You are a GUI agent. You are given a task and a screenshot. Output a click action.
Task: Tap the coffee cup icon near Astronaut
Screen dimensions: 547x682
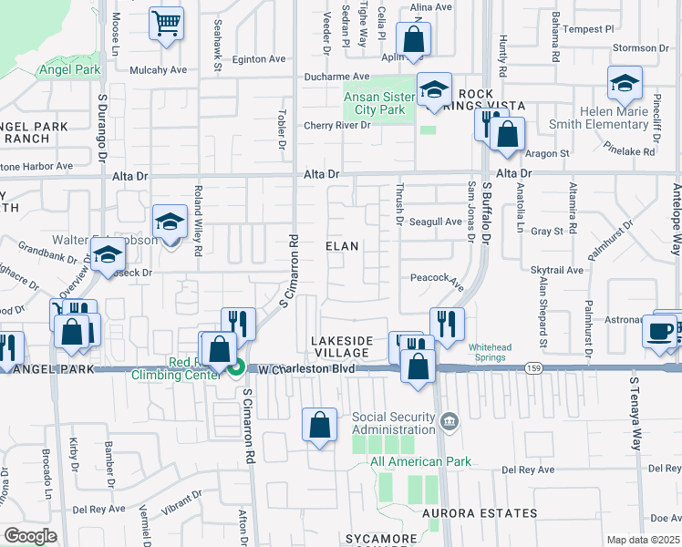click(659, 330)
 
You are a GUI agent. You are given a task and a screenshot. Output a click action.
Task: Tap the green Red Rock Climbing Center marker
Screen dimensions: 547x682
click(236, 368)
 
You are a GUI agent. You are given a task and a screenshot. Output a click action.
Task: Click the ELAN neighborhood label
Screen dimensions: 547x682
click(343, 246)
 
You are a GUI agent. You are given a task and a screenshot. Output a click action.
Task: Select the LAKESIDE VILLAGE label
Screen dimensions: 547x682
click(343, 346)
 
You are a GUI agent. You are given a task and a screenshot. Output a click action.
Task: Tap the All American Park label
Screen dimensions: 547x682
click(421, 461)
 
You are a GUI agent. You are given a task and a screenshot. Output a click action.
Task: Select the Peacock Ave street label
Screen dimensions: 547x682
click(438, 277)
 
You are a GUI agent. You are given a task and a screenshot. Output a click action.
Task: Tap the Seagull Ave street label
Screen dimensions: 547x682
click(435, 222)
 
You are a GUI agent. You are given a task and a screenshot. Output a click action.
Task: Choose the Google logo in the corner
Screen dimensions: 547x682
click(30, 535)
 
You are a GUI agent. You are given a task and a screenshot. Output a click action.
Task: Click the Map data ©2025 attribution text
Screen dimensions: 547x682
click(643, 540)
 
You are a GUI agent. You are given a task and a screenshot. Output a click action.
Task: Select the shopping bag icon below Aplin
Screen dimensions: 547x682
click(413, 40)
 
